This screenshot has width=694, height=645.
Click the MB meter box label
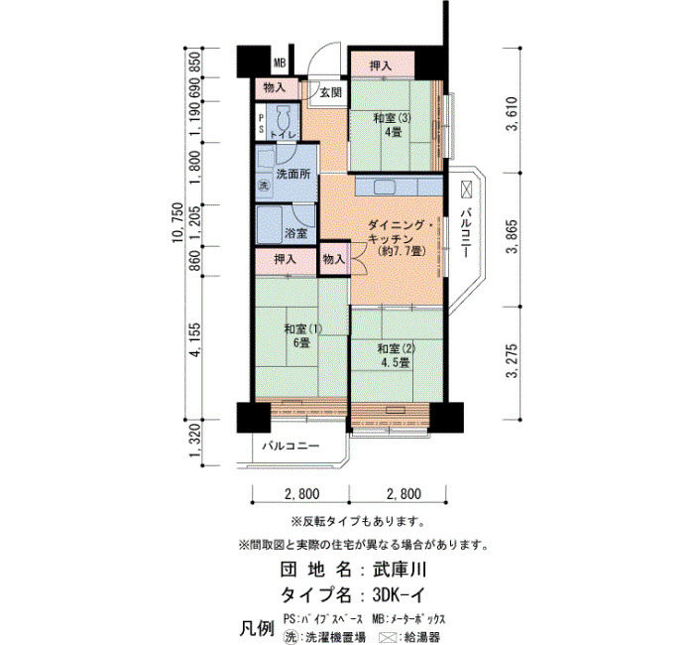coord(280,64)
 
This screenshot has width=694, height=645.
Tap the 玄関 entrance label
coord(331,93)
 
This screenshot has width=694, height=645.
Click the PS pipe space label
coord(261,124)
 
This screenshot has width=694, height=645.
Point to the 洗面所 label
coord(293,174)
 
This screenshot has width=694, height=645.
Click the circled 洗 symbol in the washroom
coord(264,187)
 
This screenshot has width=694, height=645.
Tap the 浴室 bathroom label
coord(296,233)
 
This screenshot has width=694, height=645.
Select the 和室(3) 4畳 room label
coord(393,125)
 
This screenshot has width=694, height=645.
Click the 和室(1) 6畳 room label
coord(302,335)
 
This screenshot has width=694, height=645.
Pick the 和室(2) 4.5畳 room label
coord(397,355)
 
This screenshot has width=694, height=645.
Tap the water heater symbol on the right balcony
coord(467,190)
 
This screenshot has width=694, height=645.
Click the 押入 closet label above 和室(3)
coord(381,66)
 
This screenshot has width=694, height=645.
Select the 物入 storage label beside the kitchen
coord(334,259)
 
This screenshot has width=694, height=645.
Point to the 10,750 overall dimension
coord(177,223)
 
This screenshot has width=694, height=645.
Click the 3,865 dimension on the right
coord(513,237)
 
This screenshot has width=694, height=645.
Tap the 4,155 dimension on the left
coord(195,339)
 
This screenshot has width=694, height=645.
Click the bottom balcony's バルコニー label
coord(290,446)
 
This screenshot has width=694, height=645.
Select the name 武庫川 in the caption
coord(400,570)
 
